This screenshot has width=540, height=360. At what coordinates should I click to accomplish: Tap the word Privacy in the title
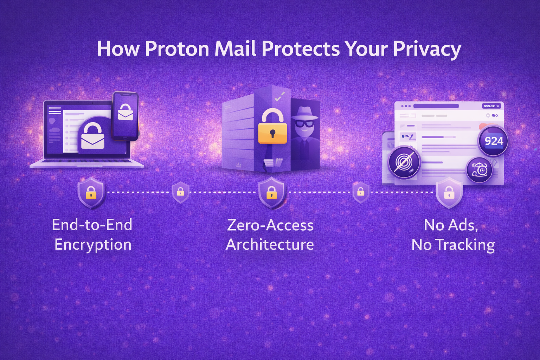tap(427, 49)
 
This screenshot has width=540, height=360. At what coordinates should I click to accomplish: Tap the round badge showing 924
tap(493, 141)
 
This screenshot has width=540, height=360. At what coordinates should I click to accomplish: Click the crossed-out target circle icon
tap(404, 162)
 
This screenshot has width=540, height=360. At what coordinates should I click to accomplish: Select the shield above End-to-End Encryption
tap(91, 193)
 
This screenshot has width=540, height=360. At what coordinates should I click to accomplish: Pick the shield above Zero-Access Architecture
tap(271, 193)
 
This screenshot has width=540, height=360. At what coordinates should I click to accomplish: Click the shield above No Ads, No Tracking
tap(449, 193)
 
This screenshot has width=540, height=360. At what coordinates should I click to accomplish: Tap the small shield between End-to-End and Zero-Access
tap(180, 192)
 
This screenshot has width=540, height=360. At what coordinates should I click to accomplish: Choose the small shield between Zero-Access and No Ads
tap(360, 192)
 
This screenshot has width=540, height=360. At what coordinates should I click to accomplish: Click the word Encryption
tap(93, 245)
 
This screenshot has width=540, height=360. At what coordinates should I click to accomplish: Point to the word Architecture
tap(270, 245)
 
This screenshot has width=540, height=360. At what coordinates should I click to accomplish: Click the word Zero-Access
tap(270, 225)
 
